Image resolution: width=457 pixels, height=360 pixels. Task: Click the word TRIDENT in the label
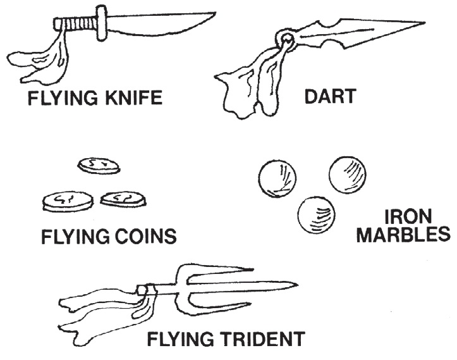[256, 340]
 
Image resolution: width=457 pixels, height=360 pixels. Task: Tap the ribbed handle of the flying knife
[78, 24]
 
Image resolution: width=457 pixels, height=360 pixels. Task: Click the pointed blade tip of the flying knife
[214, 13]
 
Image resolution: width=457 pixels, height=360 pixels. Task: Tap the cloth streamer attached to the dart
[253, 85]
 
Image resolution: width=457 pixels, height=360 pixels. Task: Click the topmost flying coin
[99, 166]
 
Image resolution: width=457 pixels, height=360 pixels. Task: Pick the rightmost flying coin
[123, 199]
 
